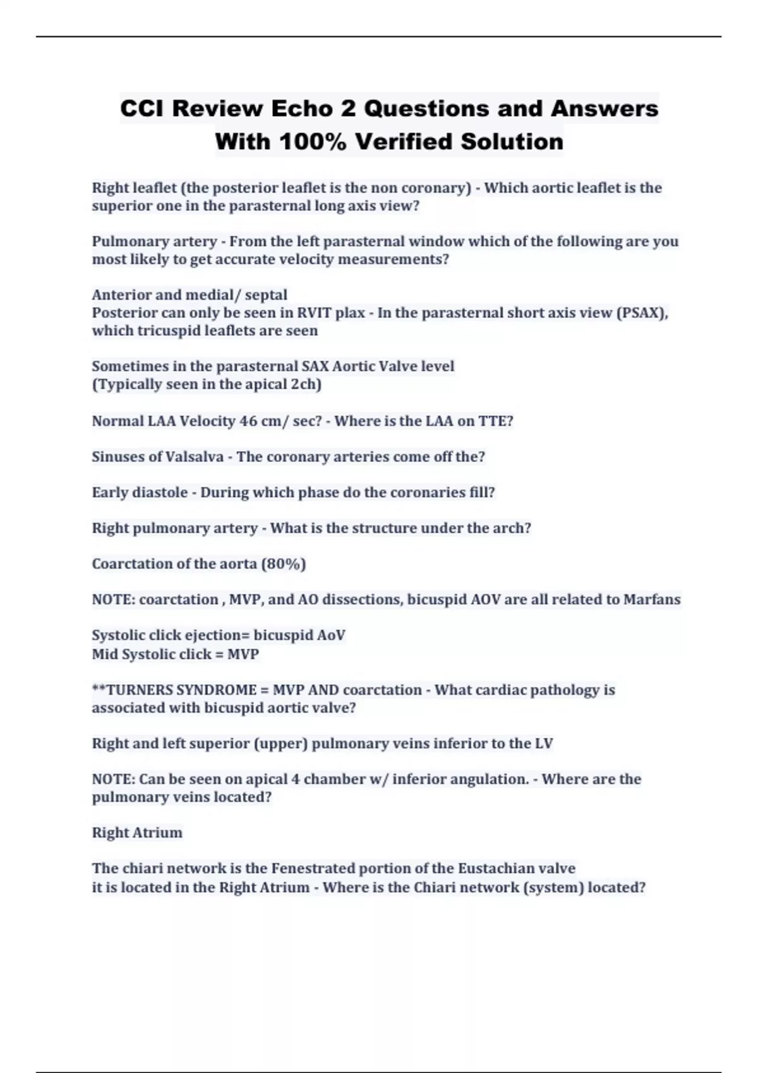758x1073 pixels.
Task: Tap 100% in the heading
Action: (312, 141)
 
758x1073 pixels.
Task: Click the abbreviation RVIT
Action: (314, 313)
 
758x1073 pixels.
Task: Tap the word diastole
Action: (158, 492)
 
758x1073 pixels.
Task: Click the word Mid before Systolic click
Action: (105, 655)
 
